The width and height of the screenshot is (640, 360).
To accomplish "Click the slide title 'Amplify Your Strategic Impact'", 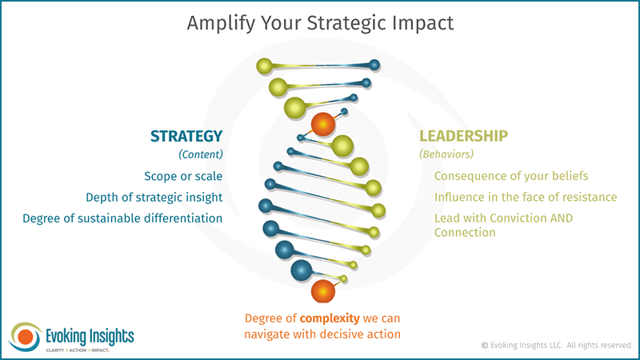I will click(320, 22).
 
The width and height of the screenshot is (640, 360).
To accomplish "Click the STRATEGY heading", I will click(186, 136).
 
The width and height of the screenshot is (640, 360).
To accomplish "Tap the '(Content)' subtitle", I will click(200, 154).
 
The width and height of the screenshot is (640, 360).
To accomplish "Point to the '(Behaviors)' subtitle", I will click(446, 154).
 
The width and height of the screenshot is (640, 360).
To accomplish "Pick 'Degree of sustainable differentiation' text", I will click(122, 218).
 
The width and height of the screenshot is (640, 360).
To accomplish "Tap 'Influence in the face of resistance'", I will click(526, 197).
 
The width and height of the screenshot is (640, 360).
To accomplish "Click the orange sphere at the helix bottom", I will click(323, 292).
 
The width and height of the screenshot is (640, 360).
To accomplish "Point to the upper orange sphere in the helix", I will click(322, 124).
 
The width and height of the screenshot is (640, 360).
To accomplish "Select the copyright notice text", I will click(557, 345).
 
